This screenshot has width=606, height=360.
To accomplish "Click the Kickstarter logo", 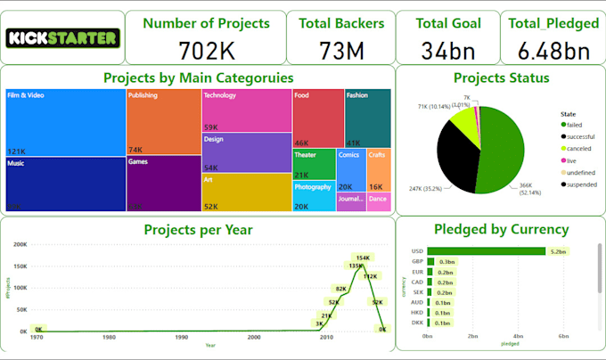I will [x=62, y=37].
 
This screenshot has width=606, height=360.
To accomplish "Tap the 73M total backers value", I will [x=341, y=50].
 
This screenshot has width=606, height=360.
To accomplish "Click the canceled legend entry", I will [x=578, y=148].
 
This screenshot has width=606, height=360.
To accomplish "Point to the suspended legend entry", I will [x=578, y=184].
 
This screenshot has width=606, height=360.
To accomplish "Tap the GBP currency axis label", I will [x=416, y=261].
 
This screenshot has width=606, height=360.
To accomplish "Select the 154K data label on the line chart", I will [x=362, y=258].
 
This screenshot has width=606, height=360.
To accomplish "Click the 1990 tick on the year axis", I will [x=181, y=337].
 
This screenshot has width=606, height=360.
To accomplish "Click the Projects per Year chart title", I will [x=198, y=230].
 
